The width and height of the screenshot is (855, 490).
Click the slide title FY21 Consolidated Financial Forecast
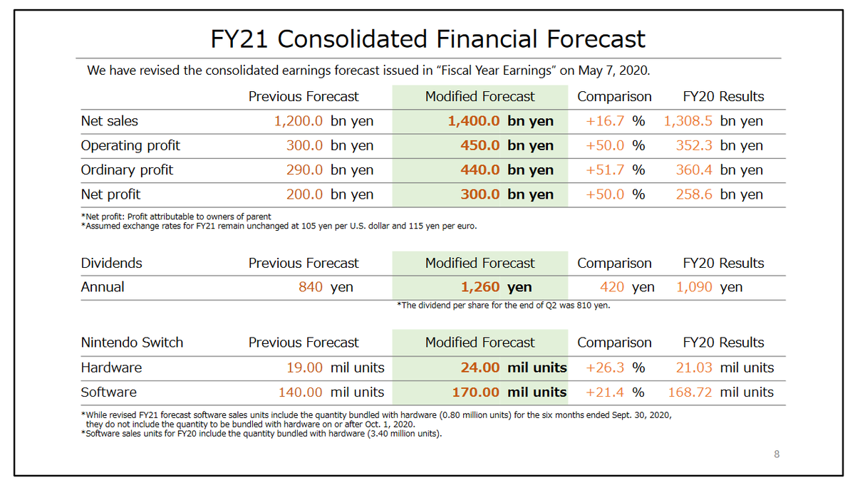pos(427,38)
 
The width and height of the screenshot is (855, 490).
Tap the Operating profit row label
pos(130,145)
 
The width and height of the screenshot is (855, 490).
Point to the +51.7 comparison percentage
pos(605,170)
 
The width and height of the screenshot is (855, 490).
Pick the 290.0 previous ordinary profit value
pos(305,170)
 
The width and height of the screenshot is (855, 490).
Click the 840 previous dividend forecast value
pos(311,287)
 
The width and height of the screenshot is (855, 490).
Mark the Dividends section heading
pos(111,263)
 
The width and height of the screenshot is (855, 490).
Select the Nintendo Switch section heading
pos(132,343)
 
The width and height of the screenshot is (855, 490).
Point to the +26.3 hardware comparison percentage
pos(605,367)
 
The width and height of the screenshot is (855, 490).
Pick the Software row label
pos(108,392)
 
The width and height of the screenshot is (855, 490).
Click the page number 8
pos(777,454)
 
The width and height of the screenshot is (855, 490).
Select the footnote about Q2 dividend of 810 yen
pos(503,306)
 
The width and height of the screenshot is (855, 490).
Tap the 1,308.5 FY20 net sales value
pos(689,121)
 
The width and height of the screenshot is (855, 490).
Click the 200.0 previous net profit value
pos(305,194)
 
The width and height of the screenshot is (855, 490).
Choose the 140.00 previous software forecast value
pos(300,392)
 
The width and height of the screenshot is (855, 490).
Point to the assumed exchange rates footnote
pos(279,226)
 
